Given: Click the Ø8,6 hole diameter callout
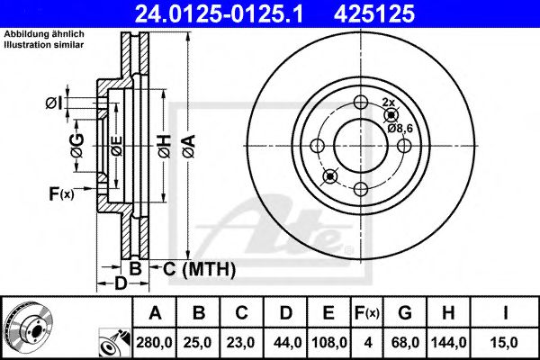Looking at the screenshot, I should click(x=400, y=130).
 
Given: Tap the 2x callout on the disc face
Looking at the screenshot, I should click(x=389, y=103).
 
